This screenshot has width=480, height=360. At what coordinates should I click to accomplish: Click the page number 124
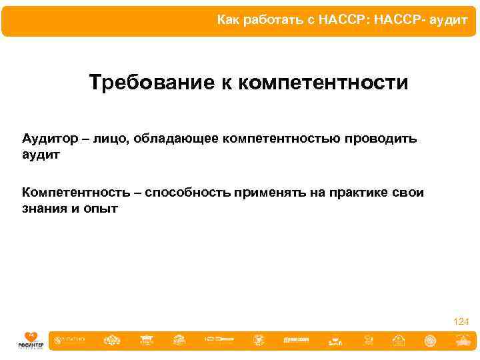[x=461, y=322]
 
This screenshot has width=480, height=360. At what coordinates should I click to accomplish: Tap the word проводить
[x=382, y=138]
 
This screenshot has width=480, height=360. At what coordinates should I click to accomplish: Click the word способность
[x=187, y=193]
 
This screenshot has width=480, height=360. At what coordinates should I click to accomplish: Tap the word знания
[x=45, y=209]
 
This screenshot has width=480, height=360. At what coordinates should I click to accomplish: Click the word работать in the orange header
[x=272, y=21]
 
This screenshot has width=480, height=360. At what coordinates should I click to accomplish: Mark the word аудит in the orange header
[x=451, y=21]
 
